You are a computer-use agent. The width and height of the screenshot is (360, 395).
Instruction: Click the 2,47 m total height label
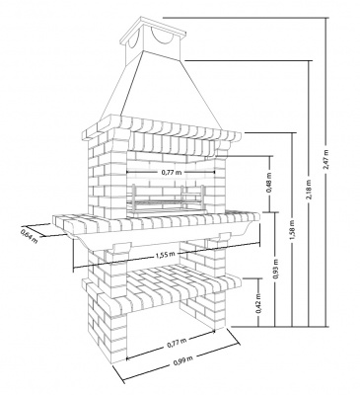coord(326,160)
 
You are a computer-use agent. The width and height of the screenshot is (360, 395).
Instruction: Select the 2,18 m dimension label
coord(309,191)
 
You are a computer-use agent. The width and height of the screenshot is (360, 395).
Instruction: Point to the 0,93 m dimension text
coord(276,270)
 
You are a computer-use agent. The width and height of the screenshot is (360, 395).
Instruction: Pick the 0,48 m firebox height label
coord(269,185)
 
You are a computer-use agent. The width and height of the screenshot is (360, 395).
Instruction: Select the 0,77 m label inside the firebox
coord(172,172)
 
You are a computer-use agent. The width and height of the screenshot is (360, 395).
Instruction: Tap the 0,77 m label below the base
coord(177,343)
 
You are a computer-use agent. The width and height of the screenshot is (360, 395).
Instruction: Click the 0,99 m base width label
coord(182,361)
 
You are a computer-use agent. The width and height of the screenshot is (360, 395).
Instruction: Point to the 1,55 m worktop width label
coord(165,255)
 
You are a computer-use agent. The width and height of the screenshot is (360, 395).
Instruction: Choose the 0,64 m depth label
coord(29,236)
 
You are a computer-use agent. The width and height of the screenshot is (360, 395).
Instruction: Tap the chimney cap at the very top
coord(153,28)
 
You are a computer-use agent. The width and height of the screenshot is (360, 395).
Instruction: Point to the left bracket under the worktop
coord(120,248)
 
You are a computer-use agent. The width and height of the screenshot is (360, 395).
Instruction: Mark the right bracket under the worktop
coord(225,236)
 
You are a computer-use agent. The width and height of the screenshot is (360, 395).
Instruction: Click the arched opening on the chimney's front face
coord(162,36)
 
